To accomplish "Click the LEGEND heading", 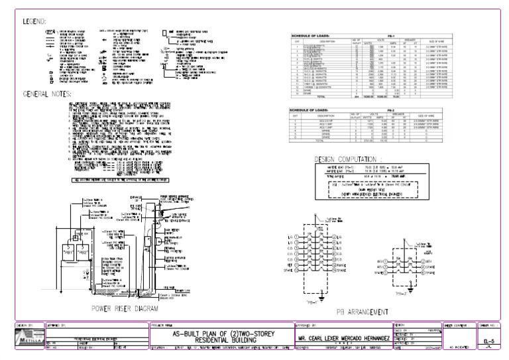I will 35,22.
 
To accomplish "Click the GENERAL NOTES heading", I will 48,93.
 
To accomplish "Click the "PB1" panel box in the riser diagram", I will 86,253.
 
